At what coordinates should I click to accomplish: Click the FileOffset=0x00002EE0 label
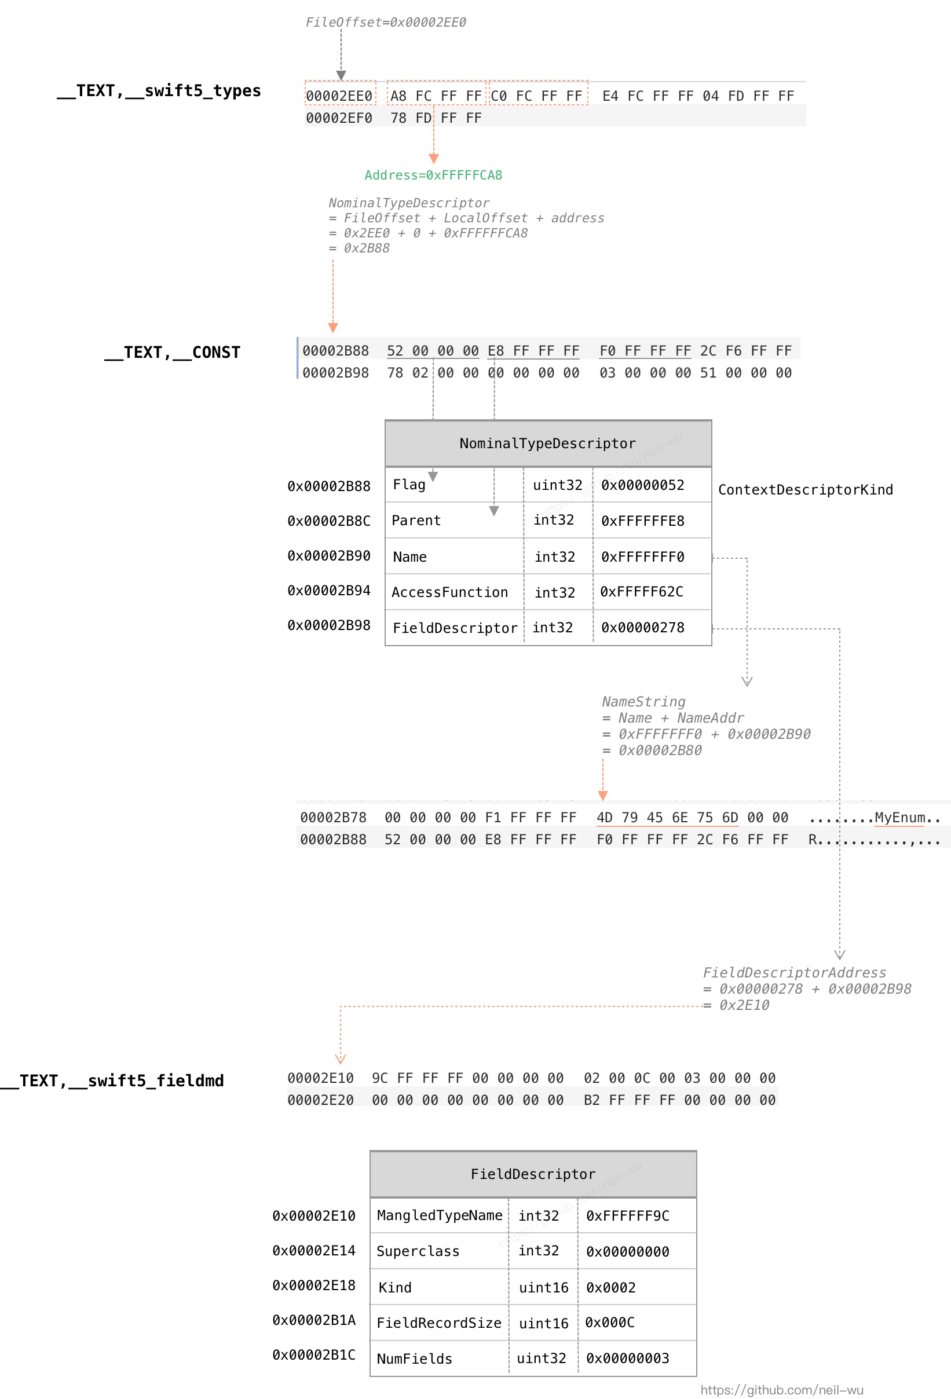click(386, 22)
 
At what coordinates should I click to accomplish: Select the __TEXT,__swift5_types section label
click(159, 91)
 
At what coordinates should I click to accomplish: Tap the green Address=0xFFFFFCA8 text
click(433, 175)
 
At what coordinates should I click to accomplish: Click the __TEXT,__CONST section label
click(172, 353)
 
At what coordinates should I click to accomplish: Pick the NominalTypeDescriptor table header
click(547, 444)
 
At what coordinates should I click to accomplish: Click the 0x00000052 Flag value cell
click(643, 485)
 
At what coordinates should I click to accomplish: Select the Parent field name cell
click(416, 521)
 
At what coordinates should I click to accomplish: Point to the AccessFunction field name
click(449, 592)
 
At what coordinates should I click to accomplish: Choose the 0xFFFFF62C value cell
click(641, 592)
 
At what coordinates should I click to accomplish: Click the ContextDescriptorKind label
click(805, 490)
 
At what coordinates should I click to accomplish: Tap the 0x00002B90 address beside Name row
click(329, 556)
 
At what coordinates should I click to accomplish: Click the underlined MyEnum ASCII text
click(900, 818)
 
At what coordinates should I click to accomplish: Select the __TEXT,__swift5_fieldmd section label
click(112, 1081)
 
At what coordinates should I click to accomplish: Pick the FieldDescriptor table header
click(533, 1174)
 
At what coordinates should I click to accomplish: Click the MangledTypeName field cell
click(439, 1215)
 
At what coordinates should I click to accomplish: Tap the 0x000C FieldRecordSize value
click(609, 1323)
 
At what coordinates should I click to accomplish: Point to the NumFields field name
click(414, 1358)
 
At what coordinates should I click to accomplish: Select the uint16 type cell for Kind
click(543, 1288)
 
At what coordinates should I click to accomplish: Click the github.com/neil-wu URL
click(782, 1390)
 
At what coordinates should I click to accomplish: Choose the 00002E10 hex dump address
click(320, 1078)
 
